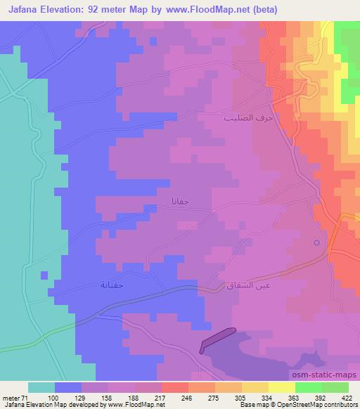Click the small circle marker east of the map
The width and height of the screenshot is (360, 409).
pos(316,243)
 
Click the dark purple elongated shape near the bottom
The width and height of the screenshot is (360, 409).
pos(217,339)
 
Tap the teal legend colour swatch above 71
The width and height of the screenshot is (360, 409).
pos(41,387)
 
